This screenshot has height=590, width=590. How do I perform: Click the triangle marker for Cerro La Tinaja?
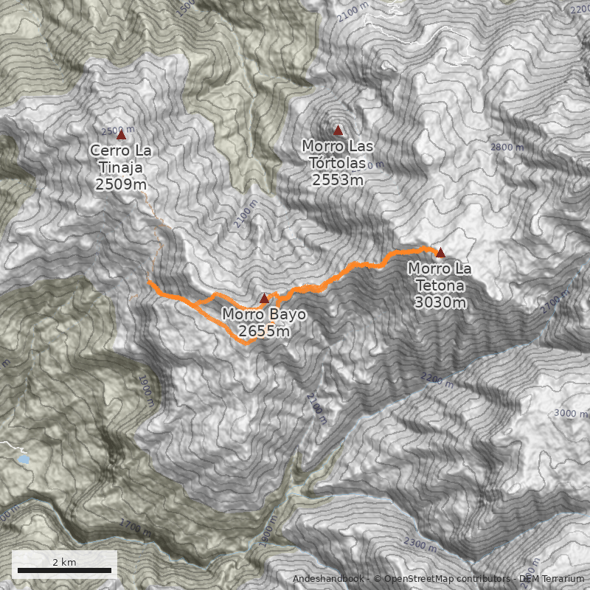click(x=121, y=135)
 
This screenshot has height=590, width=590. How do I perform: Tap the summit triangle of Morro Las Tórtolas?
click(x=339, y=131)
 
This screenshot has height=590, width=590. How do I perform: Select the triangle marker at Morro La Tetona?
click(x=440, y=252)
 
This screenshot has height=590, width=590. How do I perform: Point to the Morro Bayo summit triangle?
click(x=264, y=299)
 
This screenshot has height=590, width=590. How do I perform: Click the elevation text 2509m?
click(x=121, y=184)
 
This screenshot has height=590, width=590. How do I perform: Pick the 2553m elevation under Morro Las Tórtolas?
click(x=338, y=179)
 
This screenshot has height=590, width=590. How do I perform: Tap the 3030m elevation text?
click(x=440, y=302)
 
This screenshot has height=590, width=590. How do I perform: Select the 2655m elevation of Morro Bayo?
click(x=264, y=332)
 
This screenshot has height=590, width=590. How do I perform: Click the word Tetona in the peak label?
click(x=440, y=285)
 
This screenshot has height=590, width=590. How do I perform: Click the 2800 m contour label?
click(x=507, y=147)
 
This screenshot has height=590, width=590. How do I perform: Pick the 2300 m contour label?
click(x=420, y=544)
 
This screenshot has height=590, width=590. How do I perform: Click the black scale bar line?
click(x=64, y=570)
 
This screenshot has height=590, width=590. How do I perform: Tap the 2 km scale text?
click(x=64, y=562)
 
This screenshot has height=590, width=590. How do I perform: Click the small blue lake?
click(x=24, y=459)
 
